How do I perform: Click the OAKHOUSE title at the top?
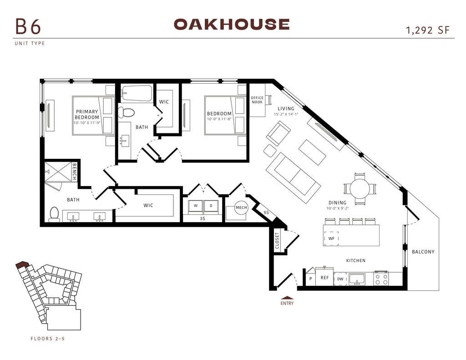(232, 25)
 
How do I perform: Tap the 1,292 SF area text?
(428, 30)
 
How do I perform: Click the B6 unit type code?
(28, 26)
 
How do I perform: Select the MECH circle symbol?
(241, 208)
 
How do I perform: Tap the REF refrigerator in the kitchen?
(324, 276)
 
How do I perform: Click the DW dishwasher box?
(340, 279)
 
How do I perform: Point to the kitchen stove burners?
(381, 279)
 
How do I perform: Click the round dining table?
(360, 188)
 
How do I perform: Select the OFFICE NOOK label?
(257, 100)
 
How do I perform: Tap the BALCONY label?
(423, 252)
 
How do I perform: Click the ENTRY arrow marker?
(287, 298)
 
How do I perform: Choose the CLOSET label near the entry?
(277, 241)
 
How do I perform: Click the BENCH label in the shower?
(74, 172)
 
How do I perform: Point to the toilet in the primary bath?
(55, 214)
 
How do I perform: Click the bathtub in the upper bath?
(137, 93)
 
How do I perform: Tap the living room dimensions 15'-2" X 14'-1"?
(286, 114)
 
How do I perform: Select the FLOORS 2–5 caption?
(47, 339)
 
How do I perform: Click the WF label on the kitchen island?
(331, 238)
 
